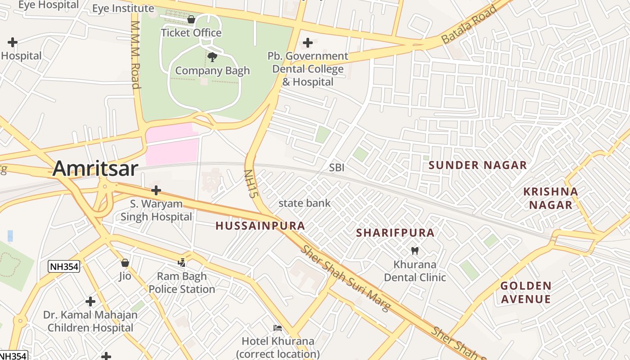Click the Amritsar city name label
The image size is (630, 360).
pyautogui.click(x=95, y=169)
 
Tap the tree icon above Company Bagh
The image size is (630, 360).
pyautogui.click(x=212, y=57)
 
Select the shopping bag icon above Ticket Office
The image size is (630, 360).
pyautogui.click(x=191, y=19)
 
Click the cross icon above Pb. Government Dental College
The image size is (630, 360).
pyautogui.click(x=308, y=43)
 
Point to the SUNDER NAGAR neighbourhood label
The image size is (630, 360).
pyautogui.click(x=477, y=165)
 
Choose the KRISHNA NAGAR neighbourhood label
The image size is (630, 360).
pyautogui.click(x=550, y=198)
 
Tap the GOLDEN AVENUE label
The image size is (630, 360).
pyautogui.click(x=526, y=292)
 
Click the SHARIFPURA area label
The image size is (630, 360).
pyautogui.click(x=395, y=233)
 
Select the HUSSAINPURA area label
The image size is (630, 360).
pyautogui.click(x=260, y=226)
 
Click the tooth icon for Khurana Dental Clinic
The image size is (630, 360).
pyautogui.click(x=415, y=251)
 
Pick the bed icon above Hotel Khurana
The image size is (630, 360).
pyautogui.click(x=278, y=328)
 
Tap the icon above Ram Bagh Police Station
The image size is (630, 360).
pyautogui.click(x=182, y=262)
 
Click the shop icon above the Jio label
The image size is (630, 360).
pyautogui.click(x=125, y=262)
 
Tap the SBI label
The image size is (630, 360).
pyautogui.click(x=337, y=168)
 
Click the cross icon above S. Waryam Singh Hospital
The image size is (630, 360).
pyautogui.click(x=156, y=190)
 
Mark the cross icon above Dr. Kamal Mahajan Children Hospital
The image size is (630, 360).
pyautogui.click(x=90, y=301)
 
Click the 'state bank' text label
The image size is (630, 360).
pyautogui.click(x=305, y=203)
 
